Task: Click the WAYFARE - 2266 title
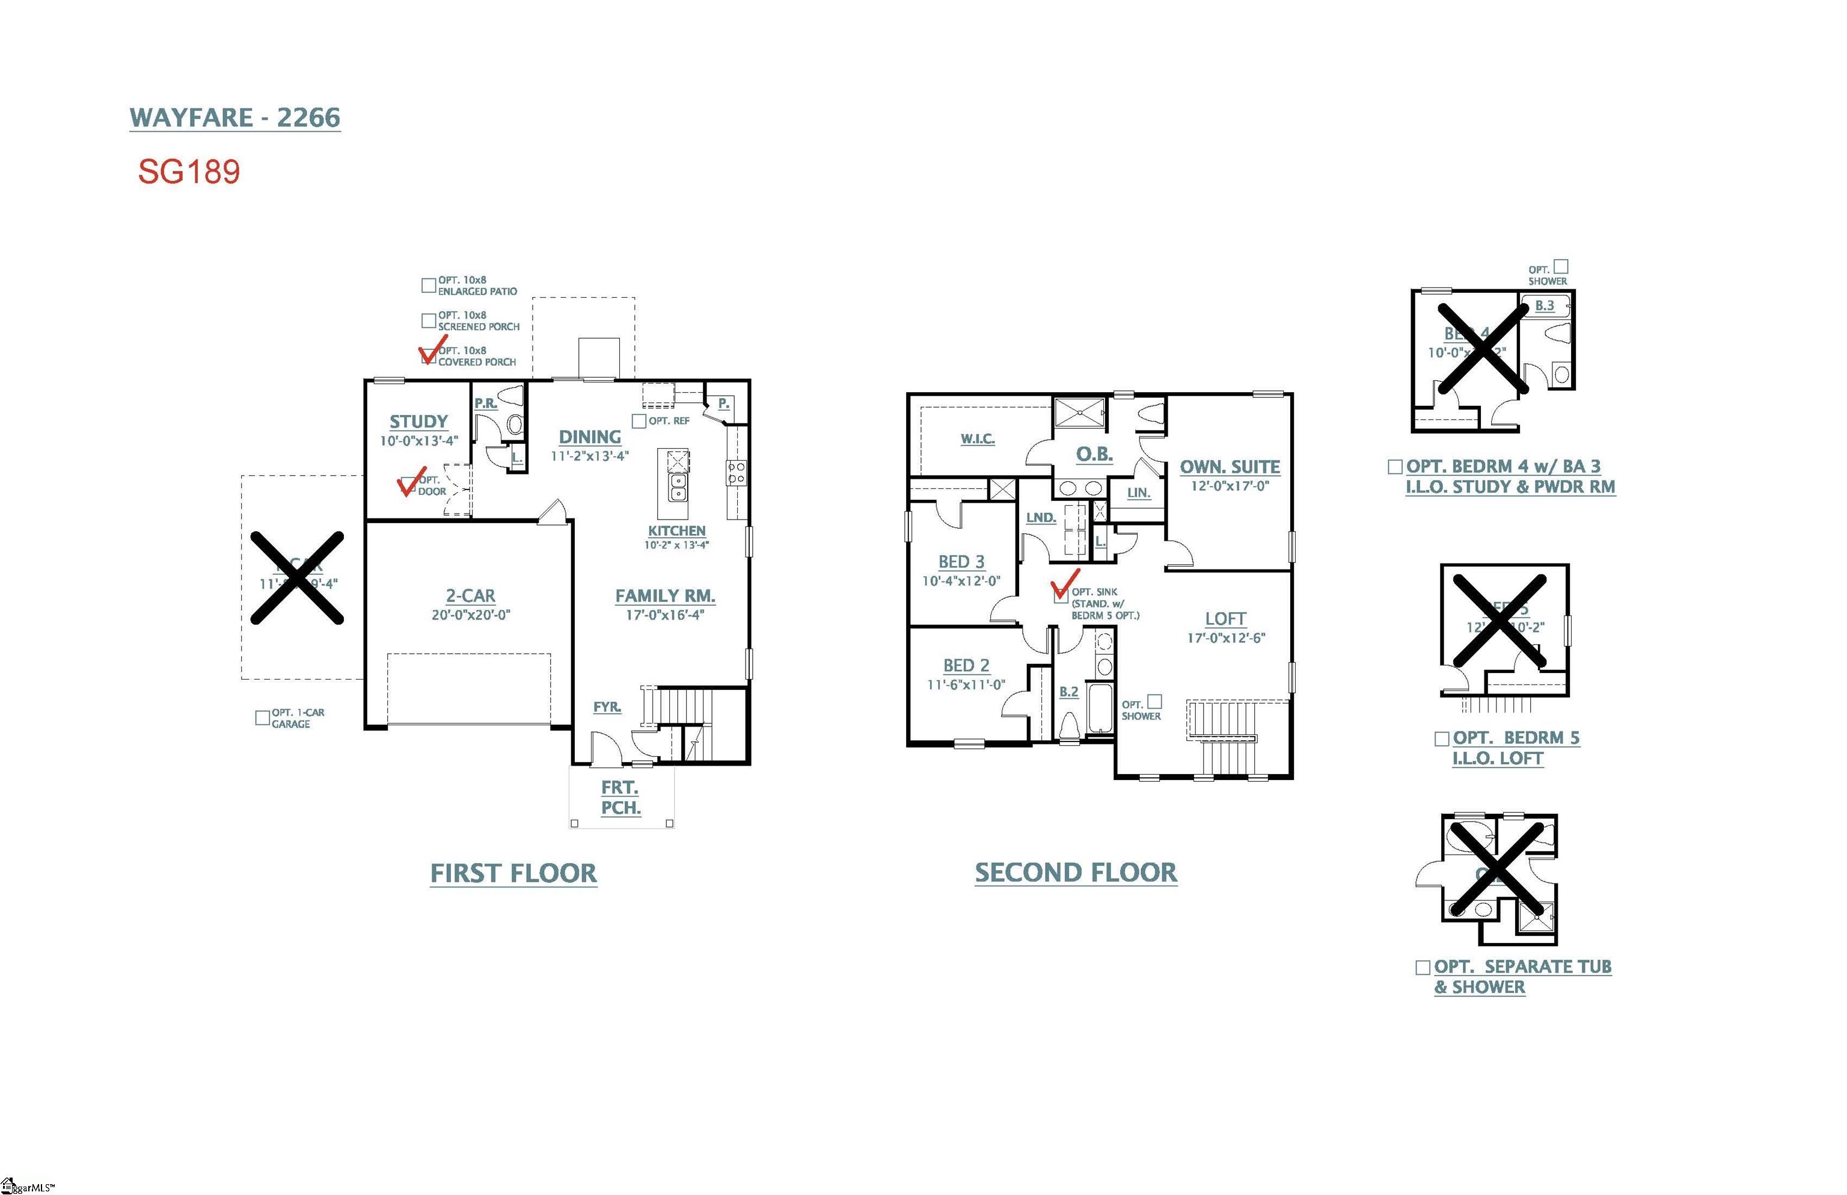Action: [x=234, y=117]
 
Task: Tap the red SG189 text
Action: [x=189, y=171]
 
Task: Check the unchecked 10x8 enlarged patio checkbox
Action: [x=428, y=286]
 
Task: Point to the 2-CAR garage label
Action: [x=470, y=595]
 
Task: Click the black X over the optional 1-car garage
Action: [x=297, y=577]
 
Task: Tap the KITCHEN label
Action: [x=676, y=531]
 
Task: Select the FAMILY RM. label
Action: [x=665, y=595]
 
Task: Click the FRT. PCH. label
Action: [x=620, y=797]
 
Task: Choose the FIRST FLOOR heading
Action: [x=513, y=873]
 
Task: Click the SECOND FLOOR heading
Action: [x=1075, y=872]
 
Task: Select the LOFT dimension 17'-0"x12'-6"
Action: [x=1226, y=638]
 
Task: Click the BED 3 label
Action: [x=961, y=561]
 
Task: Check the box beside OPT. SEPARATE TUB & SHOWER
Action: [x=1423, y=967]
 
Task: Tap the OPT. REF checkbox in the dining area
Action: [x=639, y=420]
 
